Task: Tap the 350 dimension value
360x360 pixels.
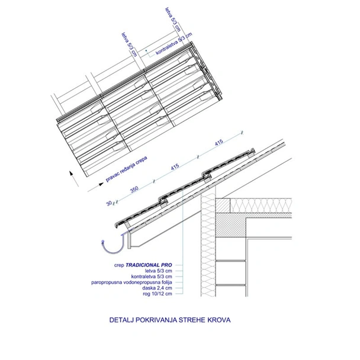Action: [134, 189]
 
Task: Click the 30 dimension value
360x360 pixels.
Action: [109, 203]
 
